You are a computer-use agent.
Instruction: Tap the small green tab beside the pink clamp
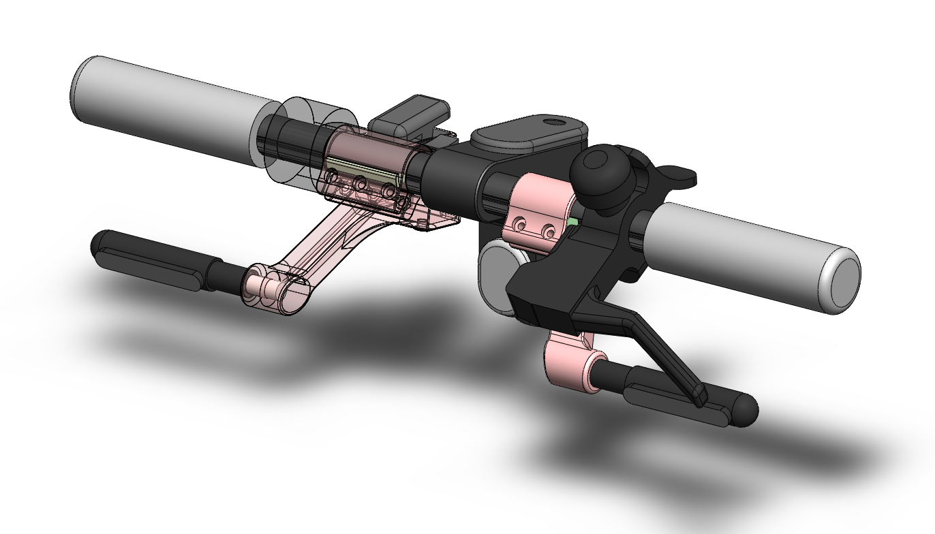coord(573,221)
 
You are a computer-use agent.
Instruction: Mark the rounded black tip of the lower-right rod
coord(746,410)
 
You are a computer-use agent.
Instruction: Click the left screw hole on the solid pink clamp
coord(521,224)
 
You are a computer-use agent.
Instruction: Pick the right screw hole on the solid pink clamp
coord(547,232)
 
